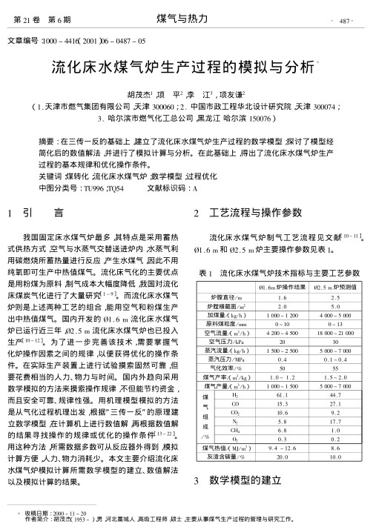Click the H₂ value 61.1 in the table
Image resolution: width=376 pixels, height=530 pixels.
click(x=281, y=396)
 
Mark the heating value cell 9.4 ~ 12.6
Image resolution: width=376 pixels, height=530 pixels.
click(x=281, y=449)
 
